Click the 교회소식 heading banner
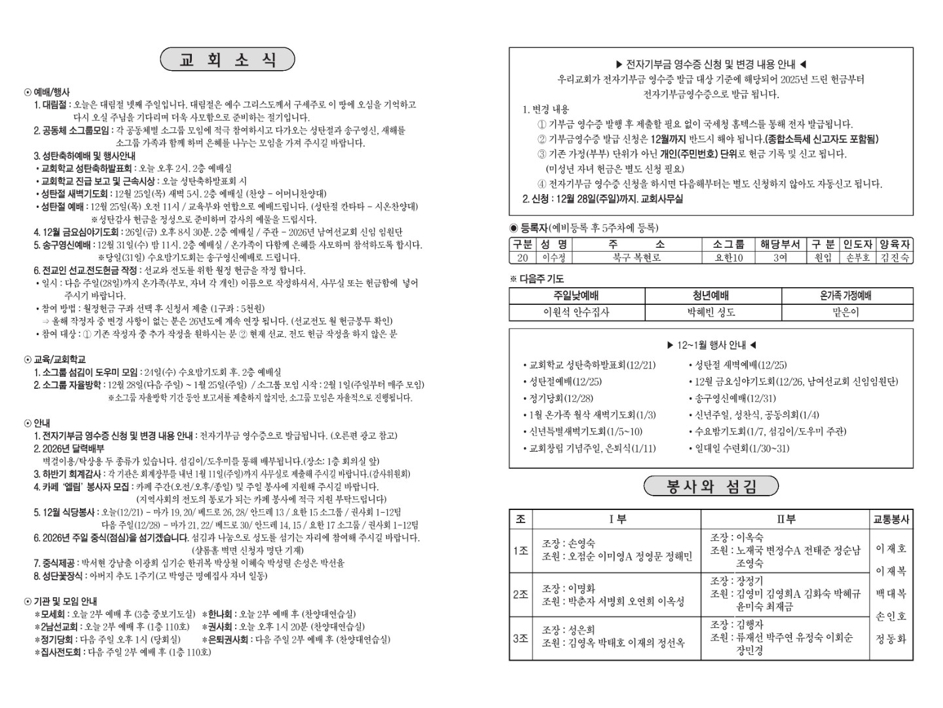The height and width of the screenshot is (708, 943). pos(227,60)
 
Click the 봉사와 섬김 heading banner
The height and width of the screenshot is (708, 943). pos(711,486)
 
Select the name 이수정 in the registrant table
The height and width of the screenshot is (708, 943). pos(553,258)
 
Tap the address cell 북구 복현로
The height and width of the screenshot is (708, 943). pos(637,258)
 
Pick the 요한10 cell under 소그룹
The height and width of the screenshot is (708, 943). pos(728,258)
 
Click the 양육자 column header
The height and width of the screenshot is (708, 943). pos(895,244)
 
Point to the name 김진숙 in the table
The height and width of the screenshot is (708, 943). pos(895,258)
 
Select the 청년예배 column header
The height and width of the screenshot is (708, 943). pos(711,296)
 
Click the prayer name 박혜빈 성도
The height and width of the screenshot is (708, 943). pos(711,312)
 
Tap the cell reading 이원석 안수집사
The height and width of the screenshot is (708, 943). pos(576,312)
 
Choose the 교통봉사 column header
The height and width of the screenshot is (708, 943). pos(891,519)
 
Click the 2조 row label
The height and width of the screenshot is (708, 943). pos(521,594)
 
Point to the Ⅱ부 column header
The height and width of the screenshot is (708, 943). pos(785,519)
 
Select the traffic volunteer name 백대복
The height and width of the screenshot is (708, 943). pos(891,594)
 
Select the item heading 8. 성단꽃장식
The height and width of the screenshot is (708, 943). pos(58,576)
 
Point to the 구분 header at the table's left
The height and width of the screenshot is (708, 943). pos(522,244)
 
